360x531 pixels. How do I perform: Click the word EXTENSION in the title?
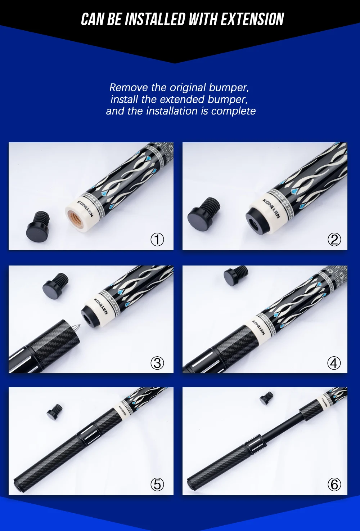pos(252,19)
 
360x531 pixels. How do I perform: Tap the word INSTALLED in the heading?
pos(155,19)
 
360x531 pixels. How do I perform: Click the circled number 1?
pos(157,240)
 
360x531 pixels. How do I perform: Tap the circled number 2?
pos(334,240)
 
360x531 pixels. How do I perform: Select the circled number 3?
pos(157,363)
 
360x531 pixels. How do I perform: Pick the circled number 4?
pos(334,363)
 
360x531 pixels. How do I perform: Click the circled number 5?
pos(157,485)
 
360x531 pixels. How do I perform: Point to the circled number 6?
pos(334,485)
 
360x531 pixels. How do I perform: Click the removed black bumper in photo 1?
pos(38,227)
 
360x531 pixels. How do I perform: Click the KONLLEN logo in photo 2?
pos(271,208)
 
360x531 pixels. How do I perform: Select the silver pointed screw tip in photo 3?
pos(77,328)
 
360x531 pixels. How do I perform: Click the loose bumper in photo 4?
pos(236,276)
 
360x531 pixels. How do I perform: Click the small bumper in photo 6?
pos(266,398)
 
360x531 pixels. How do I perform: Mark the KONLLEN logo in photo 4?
pos(258,327)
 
